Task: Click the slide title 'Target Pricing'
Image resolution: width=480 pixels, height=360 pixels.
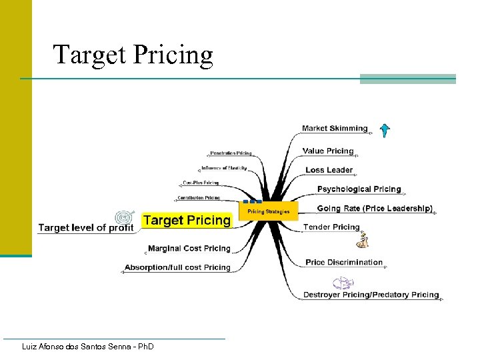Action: pyautogui.click(x=133, y=55)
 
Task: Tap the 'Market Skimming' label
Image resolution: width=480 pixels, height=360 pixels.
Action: pyautogui.click(x=335, y=129)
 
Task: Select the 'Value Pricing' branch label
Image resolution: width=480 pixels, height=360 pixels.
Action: pyautogui.click(x=327, y=151)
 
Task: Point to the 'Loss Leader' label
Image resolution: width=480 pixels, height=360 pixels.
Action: pyautogui.click(x=329, y=170)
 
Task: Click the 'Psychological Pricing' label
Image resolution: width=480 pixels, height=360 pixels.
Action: pyautogui.click(x=359, y=189)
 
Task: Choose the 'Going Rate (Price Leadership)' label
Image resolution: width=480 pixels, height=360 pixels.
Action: pyautogui.click(x=374, y=209)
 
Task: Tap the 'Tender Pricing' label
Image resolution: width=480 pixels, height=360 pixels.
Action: pyautogui.click(x=331, y=227)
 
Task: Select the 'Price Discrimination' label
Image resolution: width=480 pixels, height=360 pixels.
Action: pyautogui.click(x=344, y=263)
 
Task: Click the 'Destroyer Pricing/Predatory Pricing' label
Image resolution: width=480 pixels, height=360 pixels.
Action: pyautogui.click(x=371, y=295)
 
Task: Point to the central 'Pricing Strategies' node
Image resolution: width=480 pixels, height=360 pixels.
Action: pyautogui.click(x=269, y=211)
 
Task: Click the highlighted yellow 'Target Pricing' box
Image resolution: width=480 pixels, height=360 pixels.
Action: pyautogui.click(x=187, y=220)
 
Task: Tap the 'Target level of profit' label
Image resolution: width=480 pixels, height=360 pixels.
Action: pyautogui.click(x=86, y=228)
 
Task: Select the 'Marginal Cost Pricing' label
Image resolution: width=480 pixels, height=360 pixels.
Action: pyautogui.click(x=189, y=249)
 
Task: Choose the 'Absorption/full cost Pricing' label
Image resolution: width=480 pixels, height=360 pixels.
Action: pyautogui.click(x=177, y=268)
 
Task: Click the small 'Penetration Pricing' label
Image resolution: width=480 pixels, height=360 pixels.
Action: pyautogui.click(x=231, y=153)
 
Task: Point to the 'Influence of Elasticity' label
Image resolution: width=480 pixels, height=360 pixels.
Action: pyautogui.click(x=224, y=168)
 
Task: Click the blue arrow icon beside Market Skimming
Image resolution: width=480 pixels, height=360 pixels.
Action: pyautogui.click(x=385, y=130)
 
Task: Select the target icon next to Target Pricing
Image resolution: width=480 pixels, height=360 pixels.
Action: pyautogui.click(x=124, y=218)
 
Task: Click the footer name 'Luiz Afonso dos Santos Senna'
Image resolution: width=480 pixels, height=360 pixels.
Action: pyautogui.click(x=87, y=347)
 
